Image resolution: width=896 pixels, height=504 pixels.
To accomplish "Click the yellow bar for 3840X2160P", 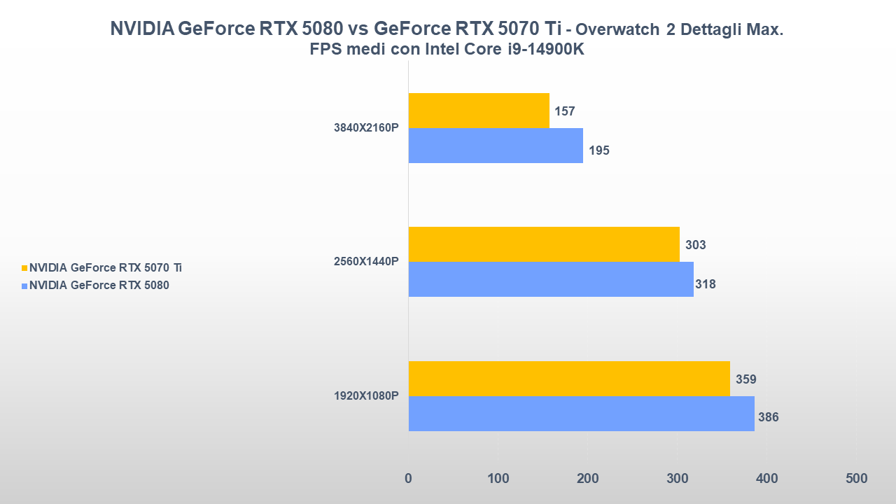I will click(479, 111).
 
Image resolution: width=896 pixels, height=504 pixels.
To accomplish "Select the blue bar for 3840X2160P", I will click(496, 146).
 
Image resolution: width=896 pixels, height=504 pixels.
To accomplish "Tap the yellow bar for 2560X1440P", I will click(544, 244).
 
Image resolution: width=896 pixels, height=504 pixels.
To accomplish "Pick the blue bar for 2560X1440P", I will click(551, 279).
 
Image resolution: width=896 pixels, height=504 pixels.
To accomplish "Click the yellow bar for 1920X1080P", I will click(569, 379).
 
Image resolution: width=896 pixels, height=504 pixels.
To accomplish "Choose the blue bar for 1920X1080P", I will click(581, 414).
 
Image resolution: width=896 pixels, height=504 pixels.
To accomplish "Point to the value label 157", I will click(565, 111).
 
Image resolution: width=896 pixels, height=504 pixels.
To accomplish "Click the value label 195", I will click(598, 150).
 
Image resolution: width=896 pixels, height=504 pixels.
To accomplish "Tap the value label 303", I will click(695, 245).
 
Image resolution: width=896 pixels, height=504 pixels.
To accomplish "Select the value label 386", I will click(768, 417).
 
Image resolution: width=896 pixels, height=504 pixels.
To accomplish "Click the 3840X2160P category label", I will click(366, 128).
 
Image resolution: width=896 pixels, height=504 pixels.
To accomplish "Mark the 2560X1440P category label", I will click(366, 262).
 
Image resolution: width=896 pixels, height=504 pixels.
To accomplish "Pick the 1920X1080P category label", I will click(366, 396).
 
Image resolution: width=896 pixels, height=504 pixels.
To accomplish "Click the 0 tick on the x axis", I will click(409, 479).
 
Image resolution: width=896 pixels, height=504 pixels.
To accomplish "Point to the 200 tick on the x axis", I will click(587, 479).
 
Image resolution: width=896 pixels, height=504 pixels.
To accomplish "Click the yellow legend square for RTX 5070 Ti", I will click(24, 267).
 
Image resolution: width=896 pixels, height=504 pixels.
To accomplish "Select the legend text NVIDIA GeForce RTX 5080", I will click(99, 285).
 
